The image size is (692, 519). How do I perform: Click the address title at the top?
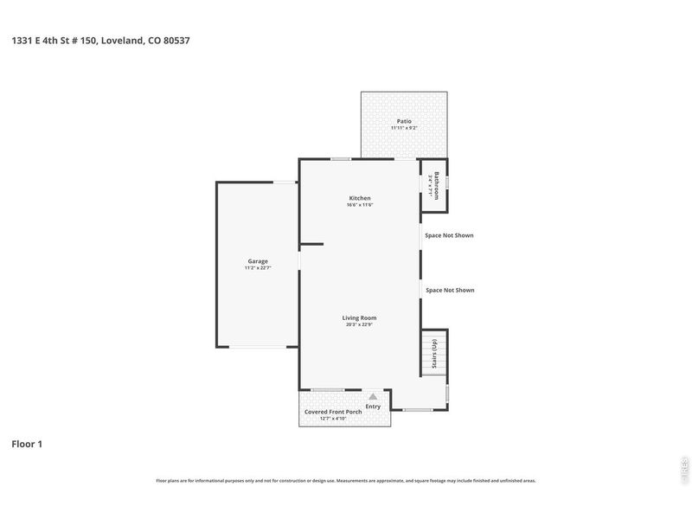pos(100,40)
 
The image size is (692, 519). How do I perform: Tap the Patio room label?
pos(404,121)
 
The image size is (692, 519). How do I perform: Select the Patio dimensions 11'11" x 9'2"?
pos(404,128)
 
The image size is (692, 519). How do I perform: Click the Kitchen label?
pos(359,198)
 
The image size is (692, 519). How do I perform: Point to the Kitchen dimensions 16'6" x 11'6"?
pos(359,205)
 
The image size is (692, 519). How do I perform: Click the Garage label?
pos(258,261)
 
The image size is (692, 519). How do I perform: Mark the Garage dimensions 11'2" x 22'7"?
pos(258,268)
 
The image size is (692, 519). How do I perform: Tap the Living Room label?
pos(359,317)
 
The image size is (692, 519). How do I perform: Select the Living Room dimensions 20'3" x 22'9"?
pos(359,324)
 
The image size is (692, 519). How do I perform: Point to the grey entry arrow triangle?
pos(373,396)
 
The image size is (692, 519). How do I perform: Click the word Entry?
pos(373,406)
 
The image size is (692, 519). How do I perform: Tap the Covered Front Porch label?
pos(333,412)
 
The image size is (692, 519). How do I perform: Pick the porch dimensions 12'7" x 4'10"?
pos(333,419)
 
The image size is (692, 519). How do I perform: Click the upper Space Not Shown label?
pos(450,235)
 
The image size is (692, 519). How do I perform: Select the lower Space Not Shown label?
pos(450,290)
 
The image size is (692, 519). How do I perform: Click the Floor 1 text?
pos(27,444)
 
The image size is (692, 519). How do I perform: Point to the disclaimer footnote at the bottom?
pos(345,480)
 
